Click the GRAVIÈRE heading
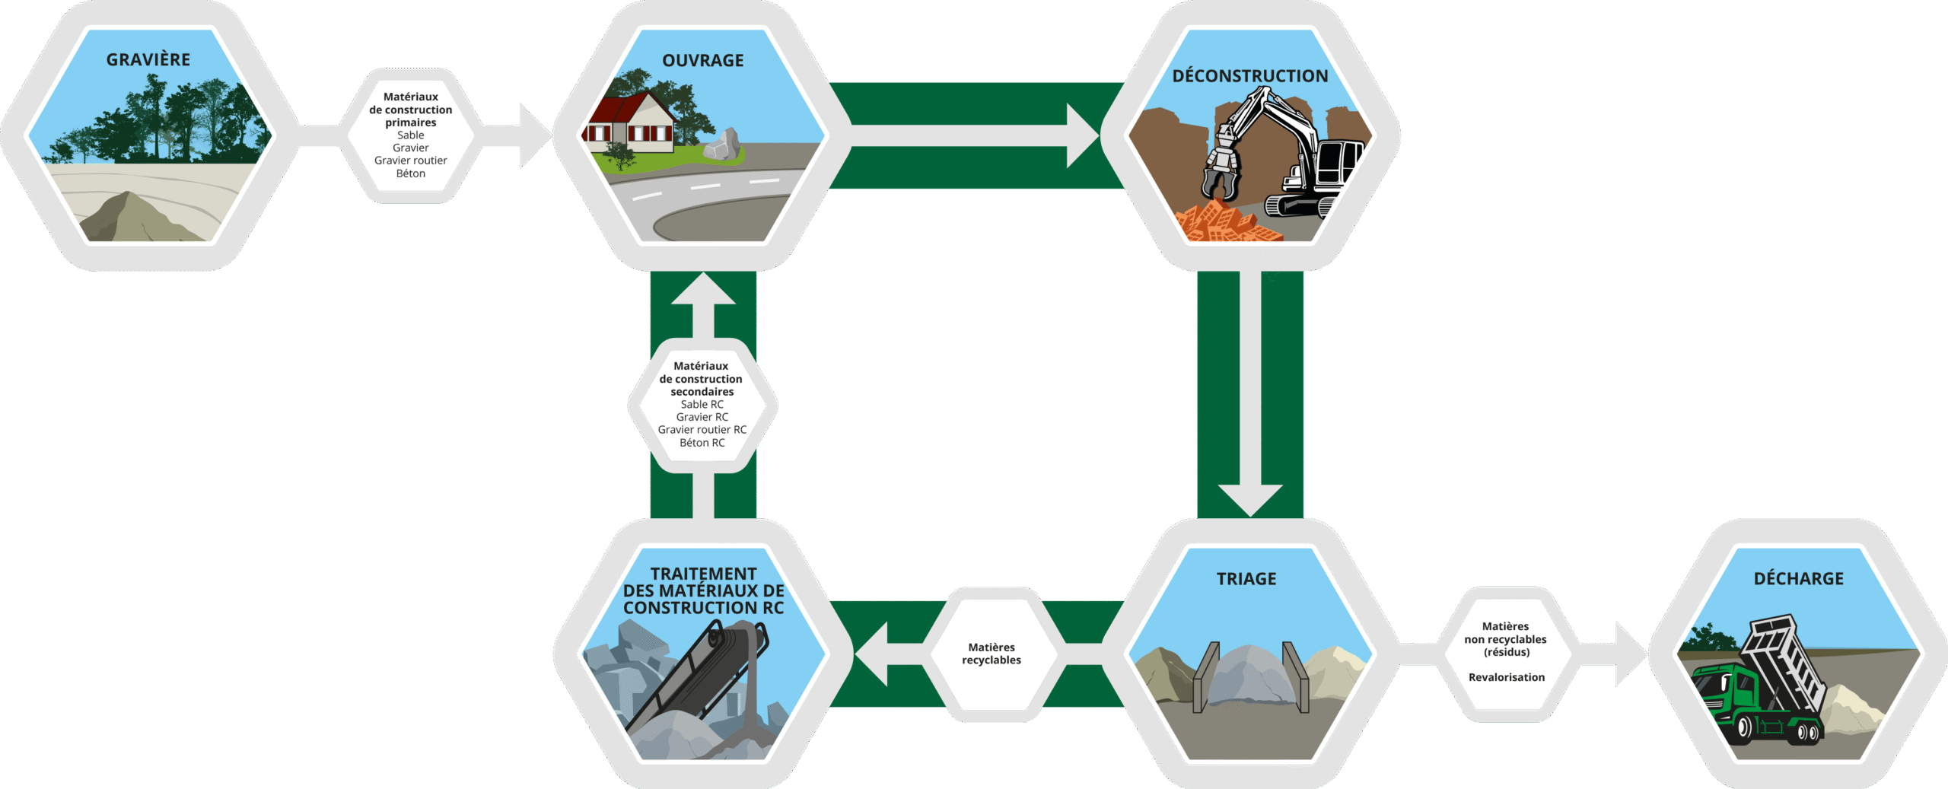(148, 59)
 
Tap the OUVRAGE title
(702, 60)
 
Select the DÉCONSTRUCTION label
(1249, 76)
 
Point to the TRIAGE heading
(1246, 579)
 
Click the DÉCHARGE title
(1798, 579)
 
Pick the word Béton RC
(702, 443)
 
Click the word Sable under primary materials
(410, 135)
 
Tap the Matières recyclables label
(991, 654)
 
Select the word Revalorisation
(1506, 677)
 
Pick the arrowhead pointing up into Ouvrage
(703, 290)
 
